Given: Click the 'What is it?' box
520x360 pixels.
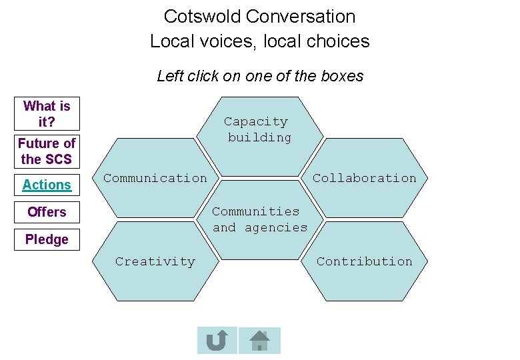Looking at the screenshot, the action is pyautogui.click(x=47, y=114).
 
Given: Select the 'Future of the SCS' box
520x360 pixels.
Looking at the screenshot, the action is pyautogui.click(x=47, y=151).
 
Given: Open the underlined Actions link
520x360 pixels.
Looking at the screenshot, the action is pyautogui.click(x=47, y=185).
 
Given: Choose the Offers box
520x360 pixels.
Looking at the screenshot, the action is pyautogui.click(x=47, y=212).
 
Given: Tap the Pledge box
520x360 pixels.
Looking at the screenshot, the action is pyautogui.click(x=47, y=239).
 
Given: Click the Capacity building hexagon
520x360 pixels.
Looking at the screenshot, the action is pyautogui.click(x=259, y=130).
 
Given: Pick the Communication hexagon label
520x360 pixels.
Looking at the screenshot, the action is pyautogui.click(x=155, y=178).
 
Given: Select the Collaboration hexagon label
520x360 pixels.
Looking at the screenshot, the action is pyautogui.click(x=364, y=178).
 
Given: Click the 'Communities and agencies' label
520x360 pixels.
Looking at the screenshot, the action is pyautogui.click(x=259, y=219).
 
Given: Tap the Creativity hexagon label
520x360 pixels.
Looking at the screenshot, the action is pyautogui.click(x=155, y=261).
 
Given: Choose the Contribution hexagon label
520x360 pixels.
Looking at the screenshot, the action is pyautogui.click(x=364, y=261).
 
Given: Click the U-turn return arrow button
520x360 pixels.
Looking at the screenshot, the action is pyautogui.click(x=217, y=341).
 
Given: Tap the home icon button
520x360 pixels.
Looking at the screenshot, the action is pyautogui.click(x=259, y=341).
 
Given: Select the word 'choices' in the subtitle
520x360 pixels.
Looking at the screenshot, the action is pyautogui.click(x=340, y=41).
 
